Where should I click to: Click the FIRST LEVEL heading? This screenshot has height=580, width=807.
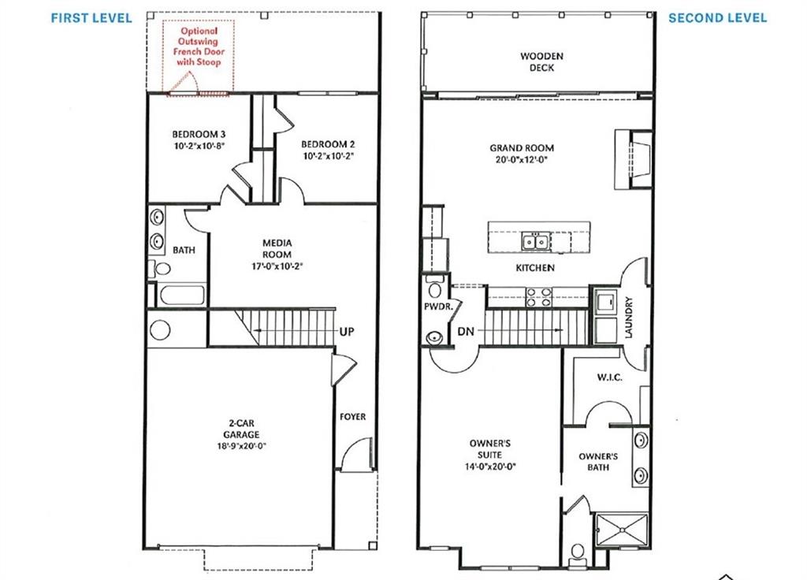[x=91, y=18]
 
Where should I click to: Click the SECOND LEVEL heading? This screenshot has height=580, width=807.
[x=717, y=18]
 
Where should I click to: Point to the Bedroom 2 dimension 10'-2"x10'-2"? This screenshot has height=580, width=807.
[x=328, y=156]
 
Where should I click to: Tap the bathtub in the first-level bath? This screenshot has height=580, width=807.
[x=181, y=296]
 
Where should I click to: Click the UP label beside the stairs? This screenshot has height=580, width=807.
[x=346, y=332]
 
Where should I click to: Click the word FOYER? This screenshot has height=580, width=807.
[x=352, y=417]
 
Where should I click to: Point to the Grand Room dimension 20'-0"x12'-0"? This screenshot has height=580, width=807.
[x=522, y=158]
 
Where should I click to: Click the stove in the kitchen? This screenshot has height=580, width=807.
[x=537, y=296]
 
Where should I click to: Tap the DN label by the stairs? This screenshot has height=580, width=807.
[x=466, y=332]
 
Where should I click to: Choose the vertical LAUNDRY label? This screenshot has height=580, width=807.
[x=628, y=318]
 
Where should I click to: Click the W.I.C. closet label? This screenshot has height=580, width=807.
[x=609, y=377]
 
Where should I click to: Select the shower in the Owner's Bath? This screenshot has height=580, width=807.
[x=622, y=529]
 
